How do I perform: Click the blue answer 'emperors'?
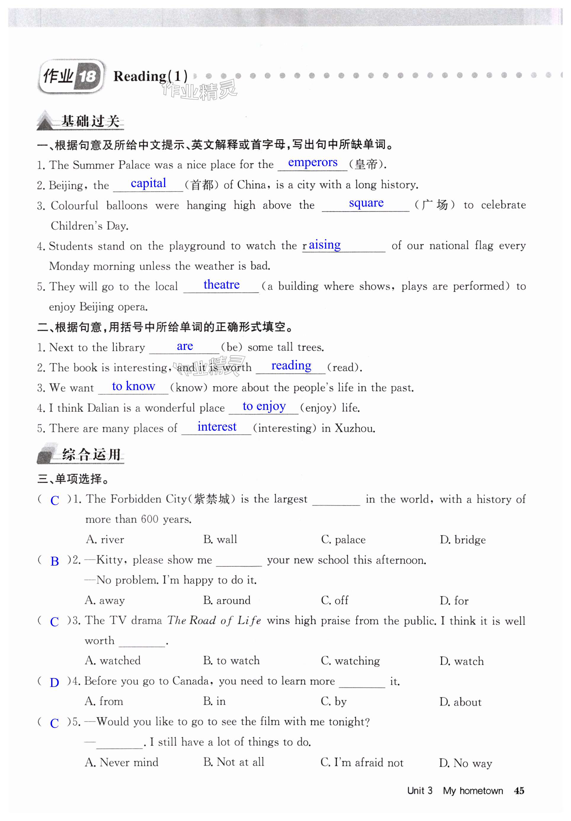[312, 162]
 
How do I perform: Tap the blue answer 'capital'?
[148, 183]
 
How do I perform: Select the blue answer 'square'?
[366, 203]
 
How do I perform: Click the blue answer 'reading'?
[291, 365]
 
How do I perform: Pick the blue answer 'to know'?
[134, 386]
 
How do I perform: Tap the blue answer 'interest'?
[217, 427]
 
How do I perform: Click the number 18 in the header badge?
[87, 76]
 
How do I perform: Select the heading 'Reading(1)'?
[150, 76]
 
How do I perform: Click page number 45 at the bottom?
[519, 791]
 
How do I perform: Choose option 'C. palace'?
[343, 539]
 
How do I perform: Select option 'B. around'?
[227, 600]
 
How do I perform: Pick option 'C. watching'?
[350, 661]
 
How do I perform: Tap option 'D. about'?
[460, 702]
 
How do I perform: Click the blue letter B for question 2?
[54, 561]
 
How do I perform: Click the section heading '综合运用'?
[91, 455]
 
